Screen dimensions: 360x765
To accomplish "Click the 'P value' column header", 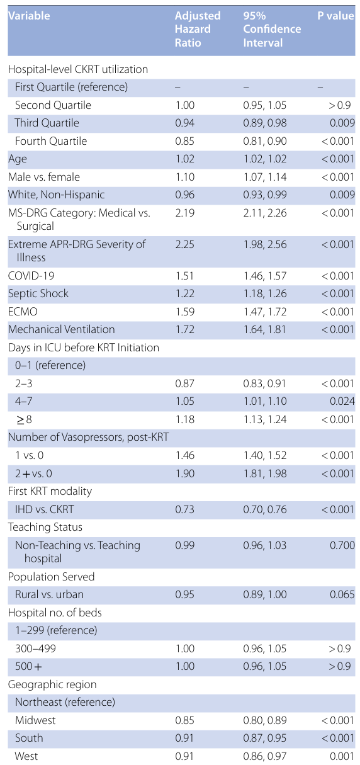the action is pyautogui.click(x=336, y=16).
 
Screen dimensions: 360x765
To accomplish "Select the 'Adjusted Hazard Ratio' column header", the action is pyautogui.click(x=198, y=29).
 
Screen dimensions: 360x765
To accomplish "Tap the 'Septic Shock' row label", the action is pyautogui.click(x=38, y=293).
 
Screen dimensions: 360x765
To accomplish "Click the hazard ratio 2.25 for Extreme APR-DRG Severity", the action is pyautogui.click(x=184, y=244).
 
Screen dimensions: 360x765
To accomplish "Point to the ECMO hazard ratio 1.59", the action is pyautogui.click(x=184, y=312).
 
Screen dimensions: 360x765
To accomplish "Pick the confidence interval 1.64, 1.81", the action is pyautogui.click(x=264, y=329).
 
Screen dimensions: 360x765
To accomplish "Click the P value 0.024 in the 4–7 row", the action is pyautogui.click(x=342, y=401).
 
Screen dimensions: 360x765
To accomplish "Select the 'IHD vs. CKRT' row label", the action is pyautogui.click(x=44, y=509).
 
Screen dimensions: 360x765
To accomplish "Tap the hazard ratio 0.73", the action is pyautogui.click(x=184, y=509).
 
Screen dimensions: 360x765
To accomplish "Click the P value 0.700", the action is pyautogui.click(x=342, y=545).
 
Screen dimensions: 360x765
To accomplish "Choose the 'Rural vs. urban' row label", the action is pyautogui.click(x=49, y=594).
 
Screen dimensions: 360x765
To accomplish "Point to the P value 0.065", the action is pyautogui.click(x=342, y=594).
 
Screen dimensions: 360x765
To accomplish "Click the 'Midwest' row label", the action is pyautogui.click(x=35, y=720).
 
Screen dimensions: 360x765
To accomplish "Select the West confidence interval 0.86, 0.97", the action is pyautogui.click(x=264, y=756).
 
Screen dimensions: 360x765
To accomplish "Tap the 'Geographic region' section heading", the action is pyautogui.click(x=52, y=684).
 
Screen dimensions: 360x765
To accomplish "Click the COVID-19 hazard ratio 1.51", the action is pyautogui.click(x=184, y=276).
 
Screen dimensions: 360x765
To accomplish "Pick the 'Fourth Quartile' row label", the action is pyautogui.click(x=51, y=141).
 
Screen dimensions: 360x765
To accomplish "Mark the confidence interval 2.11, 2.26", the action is pyautogui.click(x=265, y=213).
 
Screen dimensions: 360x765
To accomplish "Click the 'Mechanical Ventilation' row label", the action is pyautogui.click(x=62, y=329).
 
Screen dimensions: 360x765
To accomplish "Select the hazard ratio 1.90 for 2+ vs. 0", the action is pyautogui.click(x=184, y=473).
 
